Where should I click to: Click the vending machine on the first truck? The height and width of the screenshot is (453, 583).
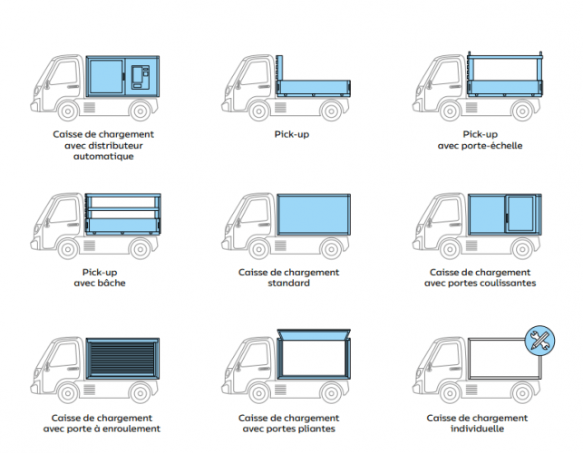click(x=141, y=77)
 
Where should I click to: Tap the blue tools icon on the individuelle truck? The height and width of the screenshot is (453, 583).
click(x=539, y=341)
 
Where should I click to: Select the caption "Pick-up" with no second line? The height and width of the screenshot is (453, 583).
click(x=292, y=134)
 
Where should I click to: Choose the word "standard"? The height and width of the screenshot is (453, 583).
click(x=289, y=284)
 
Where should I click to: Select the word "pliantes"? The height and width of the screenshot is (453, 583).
click(x=316, y=429)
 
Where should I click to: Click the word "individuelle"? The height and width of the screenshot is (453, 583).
click(x=478, y=429)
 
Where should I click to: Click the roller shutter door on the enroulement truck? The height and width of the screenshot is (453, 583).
click(x=122, y=358)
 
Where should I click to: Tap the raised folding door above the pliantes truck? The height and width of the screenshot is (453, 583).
click(x=315, y=333)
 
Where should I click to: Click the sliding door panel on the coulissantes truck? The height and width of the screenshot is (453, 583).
click(x=521, y=214)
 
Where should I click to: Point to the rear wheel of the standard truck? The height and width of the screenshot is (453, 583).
click(x=331, y=248)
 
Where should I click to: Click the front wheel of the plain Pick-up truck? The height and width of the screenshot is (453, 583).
click(x=259, y=111)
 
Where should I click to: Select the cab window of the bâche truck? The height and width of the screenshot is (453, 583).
click(x=64, y=211)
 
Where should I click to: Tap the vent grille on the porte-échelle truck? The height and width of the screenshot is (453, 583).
click(x=471, y=108)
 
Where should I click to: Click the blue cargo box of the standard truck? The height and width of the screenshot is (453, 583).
click(x=314, y=215)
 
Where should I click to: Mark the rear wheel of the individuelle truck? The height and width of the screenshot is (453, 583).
click(x=522, y=392)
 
